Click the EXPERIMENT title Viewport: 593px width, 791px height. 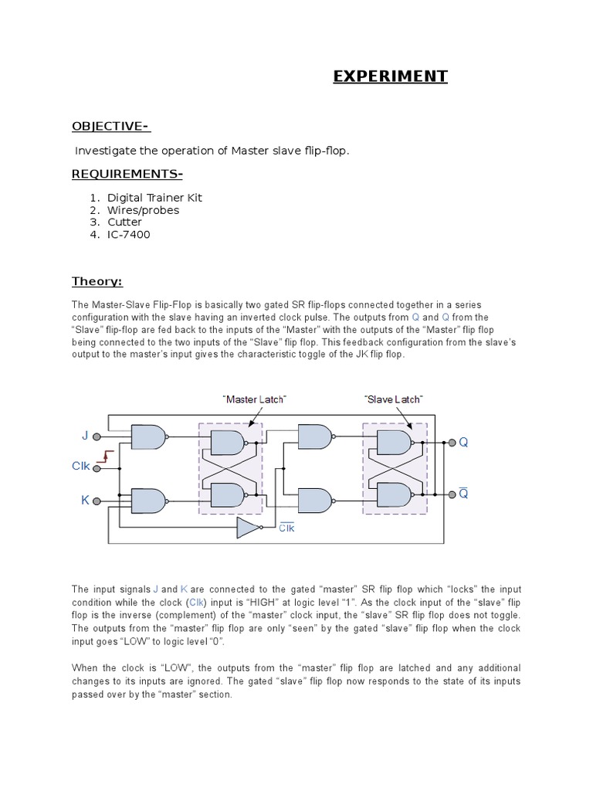(390, 76)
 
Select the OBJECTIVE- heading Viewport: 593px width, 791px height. (110, 126)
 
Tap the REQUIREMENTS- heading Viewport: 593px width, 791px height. (127, 173)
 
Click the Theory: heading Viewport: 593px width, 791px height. (97, 281)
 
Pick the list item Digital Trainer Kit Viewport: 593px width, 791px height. (154, 198)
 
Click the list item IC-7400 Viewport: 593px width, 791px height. (129, 235)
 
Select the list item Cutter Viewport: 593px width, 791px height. (124, 222)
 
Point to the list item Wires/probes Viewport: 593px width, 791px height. (143, 210)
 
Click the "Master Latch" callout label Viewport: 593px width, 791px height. (255, 399)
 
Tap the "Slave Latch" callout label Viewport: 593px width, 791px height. (393, 399)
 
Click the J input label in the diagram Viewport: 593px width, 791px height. (85, 436)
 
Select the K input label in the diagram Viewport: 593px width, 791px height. (85, 501)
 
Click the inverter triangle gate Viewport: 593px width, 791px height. (247, 528)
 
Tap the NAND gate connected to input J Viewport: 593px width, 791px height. (147, 437)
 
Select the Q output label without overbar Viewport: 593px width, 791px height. (463, 443)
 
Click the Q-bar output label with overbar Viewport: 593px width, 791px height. (463, 493)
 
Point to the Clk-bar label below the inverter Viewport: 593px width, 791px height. (286, 528)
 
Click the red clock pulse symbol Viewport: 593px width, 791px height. (109, 455)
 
